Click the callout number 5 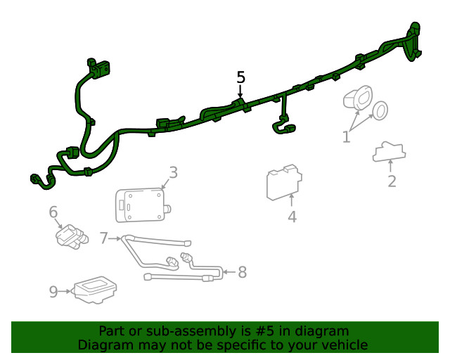pos(241,77)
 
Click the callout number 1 pos(347,136)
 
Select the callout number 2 pos(392,181)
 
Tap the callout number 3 pos(174,172)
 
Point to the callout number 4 pos(292,217)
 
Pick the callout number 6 pos(53,212)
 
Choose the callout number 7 pos(103,238)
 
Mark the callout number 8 pos(243,272)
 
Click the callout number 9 pos(53,292)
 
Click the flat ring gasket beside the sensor pos(380,111)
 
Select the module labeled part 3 pos(143,205)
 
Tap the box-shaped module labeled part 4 pos(284,182)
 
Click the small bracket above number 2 pos(390,152)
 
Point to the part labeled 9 pos(95,290)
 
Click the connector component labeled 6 pos(72,236)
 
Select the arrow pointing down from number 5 pos(240,92)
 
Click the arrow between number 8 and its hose pos(230,272)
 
